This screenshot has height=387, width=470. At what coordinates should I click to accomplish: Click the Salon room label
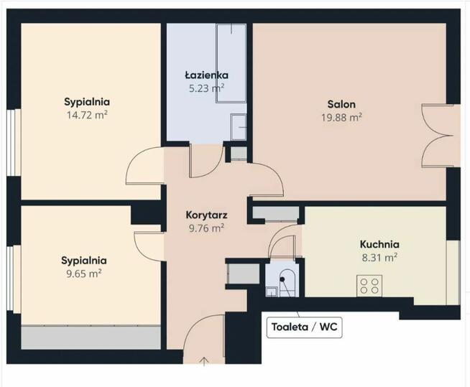point(341,104)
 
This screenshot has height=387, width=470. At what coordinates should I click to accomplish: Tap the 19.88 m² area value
point(341,117)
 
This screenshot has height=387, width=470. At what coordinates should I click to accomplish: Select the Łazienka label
point(206,75)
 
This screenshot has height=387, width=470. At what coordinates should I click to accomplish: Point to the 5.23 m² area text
point(206,88)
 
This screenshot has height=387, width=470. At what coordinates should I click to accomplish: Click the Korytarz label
point(206,215)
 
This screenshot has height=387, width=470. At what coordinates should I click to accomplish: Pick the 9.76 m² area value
point(206,228)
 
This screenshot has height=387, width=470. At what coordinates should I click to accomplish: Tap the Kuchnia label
point(379,244)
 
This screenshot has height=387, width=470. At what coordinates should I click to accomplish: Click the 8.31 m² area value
point(379,257)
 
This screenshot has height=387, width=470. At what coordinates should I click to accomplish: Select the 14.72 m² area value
point(87,115)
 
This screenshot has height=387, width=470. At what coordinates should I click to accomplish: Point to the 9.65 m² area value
point(84,274)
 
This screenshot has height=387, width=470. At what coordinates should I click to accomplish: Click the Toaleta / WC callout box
point(304,327)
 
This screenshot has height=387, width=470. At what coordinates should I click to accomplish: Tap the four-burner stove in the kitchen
point(369,286)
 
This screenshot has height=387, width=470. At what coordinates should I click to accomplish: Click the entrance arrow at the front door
point(204,362)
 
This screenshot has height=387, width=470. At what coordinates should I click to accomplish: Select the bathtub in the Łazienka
point(231,63)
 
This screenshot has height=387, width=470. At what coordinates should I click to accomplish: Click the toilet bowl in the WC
point(287,282)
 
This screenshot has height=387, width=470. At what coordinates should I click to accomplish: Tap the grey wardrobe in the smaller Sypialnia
point(91,337)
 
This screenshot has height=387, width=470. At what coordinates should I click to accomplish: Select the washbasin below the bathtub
point(239,126)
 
